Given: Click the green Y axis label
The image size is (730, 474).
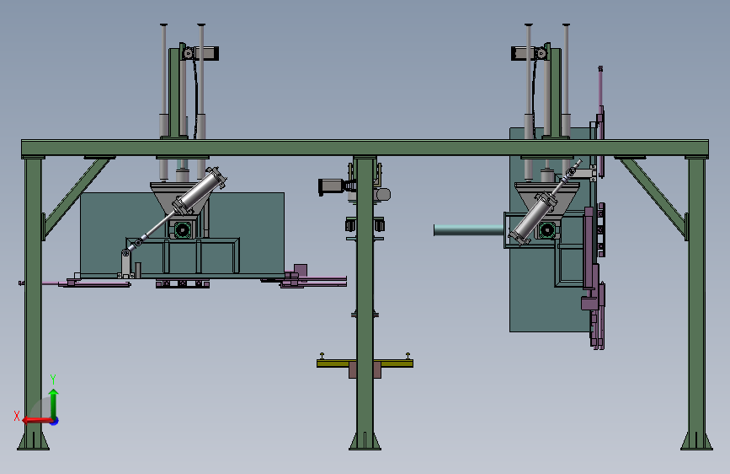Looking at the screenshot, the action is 53,379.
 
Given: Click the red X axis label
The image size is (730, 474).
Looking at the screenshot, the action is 17,416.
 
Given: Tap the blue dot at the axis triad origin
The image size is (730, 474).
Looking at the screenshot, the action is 55,421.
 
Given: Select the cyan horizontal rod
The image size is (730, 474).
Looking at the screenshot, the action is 469,229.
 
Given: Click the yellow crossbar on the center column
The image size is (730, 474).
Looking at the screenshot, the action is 365,363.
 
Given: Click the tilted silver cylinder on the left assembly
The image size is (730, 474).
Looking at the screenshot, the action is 200,191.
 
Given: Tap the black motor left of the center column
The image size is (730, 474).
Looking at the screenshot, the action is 332,186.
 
